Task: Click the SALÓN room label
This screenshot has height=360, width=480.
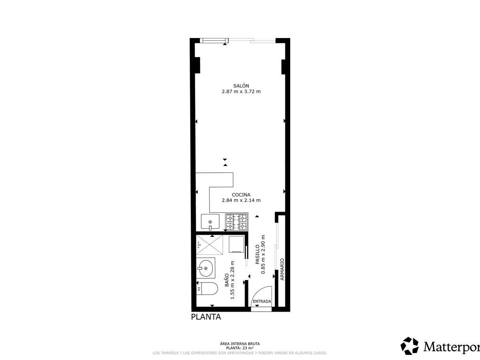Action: click(x=241, y=86)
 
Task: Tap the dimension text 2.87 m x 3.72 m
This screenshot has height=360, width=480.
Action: click(x=241, y=92)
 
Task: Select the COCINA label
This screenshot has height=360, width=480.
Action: click(x=241, y=194)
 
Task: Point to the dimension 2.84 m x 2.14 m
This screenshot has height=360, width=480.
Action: click(x=241, y=200)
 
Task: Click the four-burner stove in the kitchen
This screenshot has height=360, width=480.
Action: click(x=237, y=222)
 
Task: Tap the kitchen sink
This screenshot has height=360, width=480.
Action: click(x=210, y=222)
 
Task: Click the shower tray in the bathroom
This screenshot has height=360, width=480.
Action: click(x=209, y=244)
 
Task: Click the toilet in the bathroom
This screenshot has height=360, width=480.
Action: click(x=207, y=288)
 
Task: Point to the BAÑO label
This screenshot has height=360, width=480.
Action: click(x=227, y=280)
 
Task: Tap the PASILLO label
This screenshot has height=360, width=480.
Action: click(x=257, y=254)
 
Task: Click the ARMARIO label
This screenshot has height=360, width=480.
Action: click(x=282, y=269)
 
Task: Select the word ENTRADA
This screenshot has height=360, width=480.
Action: click(x=262, y=301)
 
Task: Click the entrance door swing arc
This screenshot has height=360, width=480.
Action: click(x=257, y=291)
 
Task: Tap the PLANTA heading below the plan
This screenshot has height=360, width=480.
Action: click(x=206, y=317)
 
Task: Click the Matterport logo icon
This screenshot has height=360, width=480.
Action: click(x=409, y=346)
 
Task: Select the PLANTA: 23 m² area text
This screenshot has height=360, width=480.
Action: click(x=240, y=348)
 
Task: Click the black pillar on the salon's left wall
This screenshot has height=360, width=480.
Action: click(x=197, y=65)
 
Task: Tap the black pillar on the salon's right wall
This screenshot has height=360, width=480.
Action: click(x=284, y=67)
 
